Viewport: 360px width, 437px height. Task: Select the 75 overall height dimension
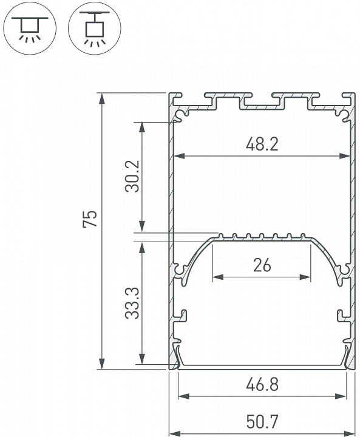point(89,220)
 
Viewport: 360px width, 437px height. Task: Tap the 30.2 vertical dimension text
point(132,177)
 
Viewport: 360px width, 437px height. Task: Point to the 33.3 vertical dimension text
point(133,302)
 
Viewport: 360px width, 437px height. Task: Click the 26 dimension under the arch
point(261,265)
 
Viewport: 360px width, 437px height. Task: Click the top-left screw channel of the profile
point(183,113)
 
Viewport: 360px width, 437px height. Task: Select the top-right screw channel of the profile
point(341,113)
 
